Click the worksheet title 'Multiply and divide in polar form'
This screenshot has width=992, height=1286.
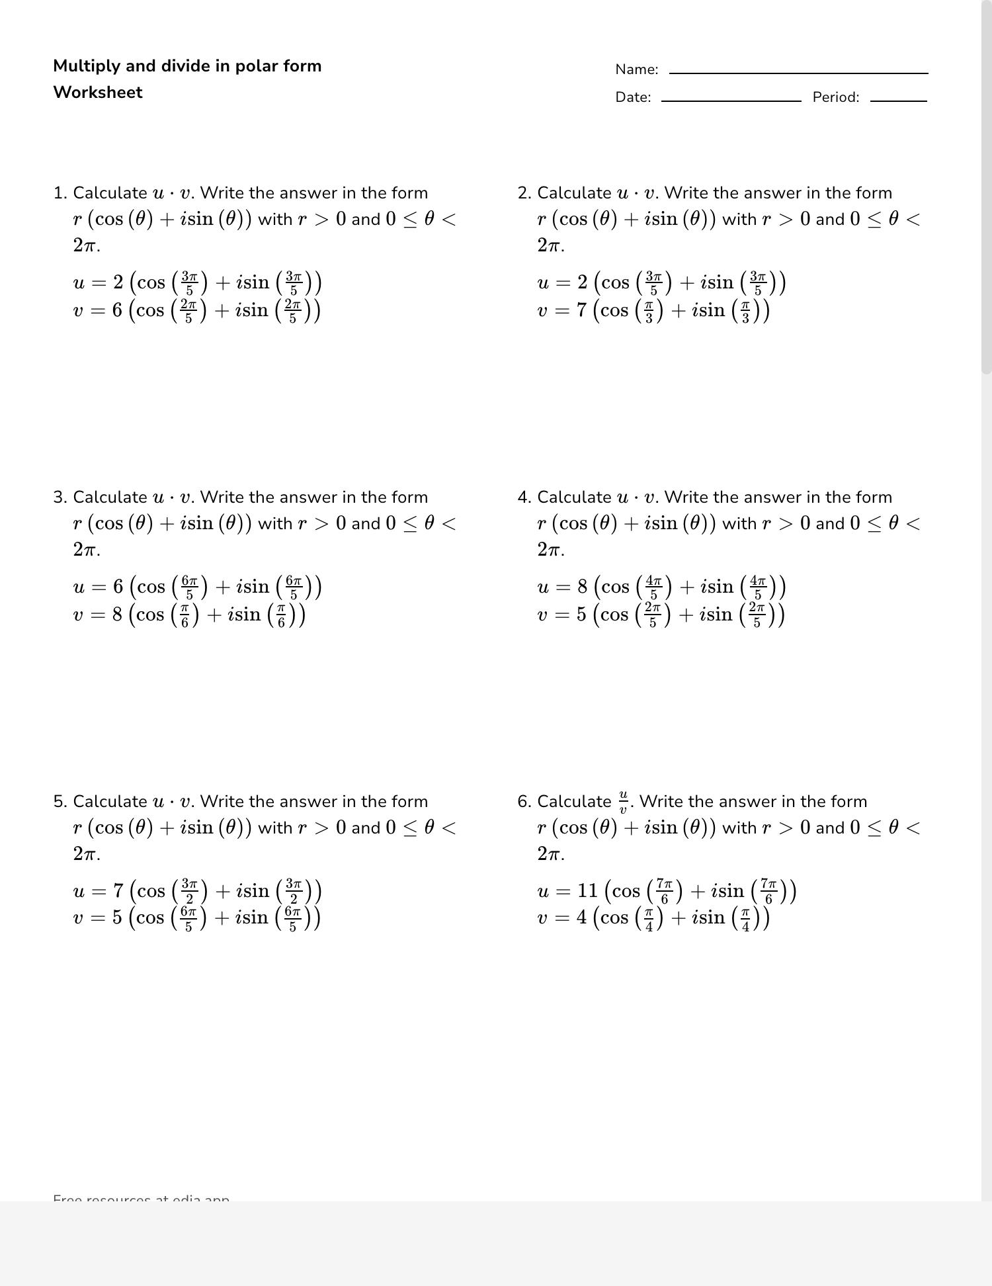pyautogui.click(x=187, y=66)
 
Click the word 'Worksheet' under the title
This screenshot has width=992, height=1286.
pyautogui.click(x=98, y=93)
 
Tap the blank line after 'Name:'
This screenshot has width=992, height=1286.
pyautogui.click(x=798, y=72)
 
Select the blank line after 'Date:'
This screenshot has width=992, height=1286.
pyautogui.click(x=731, y=100)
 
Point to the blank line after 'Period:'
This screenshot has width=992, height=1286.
pyautogui.click(x=898, y=100)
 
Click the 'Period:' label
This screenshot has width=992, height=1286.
pyautogui.click(x=836, y=97)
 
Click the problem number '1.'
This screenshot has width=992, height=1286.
pyautogui.click(x=60, y=193)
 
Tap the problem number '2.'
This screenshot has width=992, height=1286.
pyautogui.click(x=524, y=193)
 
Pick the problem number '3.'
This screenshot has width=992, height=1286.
pyautogui.click(x=60, y=497)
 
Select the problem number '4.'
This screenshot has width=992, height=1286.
pyautogui.click(x=524, y=497)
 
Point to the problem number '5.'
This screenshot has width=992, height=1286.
pyautogui.click(x=60, y=802)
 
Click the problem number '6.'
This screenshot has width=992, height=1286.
pyautogui.click(x=524, y=802)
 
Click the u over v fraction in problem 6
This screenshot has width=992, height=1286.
pyautogui.click(x=622, y=802)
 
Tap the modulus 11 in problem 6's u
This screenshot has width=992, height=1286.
pyautogui.click(x=587, y=890)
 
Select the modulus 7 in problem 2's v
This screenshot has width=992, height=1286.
pyautogui.click(x=582, y=310)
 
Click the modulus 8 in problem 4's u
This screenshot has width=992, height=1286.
pyautogui.click(x=582, y=586)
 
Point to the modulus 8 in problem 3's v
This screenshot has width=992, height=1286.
pyautogui.click(x=117, y=615)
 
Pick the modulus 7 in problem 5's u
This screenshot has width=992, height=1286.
pyautogui.click(x=118, y=890)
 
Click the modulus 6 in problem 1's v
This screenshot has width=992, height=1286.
pyautogui.click(x=117, y=310)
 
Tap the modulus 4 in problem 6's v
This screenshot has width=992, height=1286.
pyautogui.click(x=582, y=918)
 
